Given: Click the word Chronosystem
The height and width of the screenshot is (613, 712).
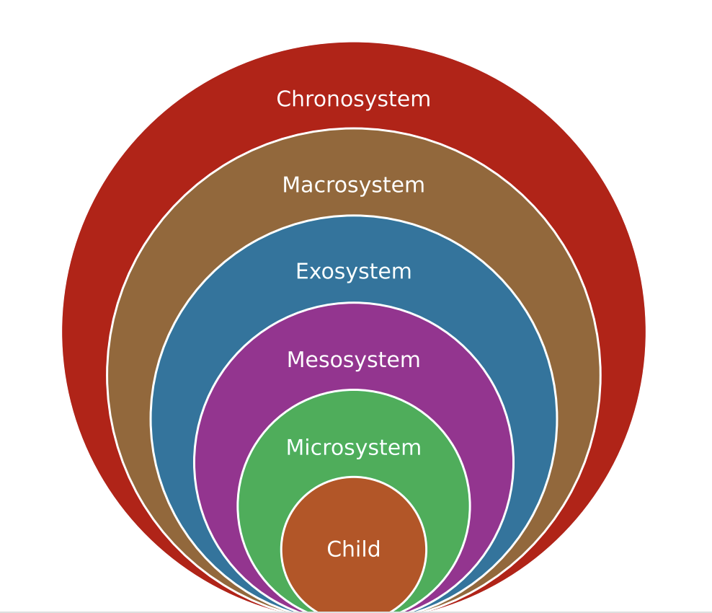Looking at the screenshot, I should (x=353, y=100).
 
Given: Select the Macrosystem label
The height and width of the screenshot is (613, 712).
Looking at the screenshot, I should (x=353, y=185).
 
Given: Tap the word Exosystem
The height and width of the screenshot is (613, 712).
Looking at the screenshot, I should (x=353, y=272).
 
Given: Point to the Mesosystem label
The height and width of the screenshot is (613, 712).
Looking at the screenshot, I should (x=353, y=360).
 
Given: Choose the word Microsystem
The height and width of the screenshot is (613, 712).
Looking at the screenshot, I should (x=353, y=448).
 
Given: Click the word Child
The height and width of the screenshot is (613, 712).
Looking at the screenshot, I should (x=353, y=550).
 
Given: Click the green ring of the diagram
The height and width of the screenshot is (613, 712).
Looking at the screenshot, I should (x=259, y=505).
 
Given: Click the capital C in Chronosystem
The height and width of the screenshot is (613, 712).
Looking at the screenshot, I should (x=283, y=100).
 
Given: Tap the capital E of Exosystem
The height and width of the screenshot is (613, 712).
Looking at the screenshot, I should (x=301, y=272).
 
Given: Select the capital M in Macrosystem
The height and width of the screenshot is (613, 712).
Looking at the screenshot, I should (x=290, y=185).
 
